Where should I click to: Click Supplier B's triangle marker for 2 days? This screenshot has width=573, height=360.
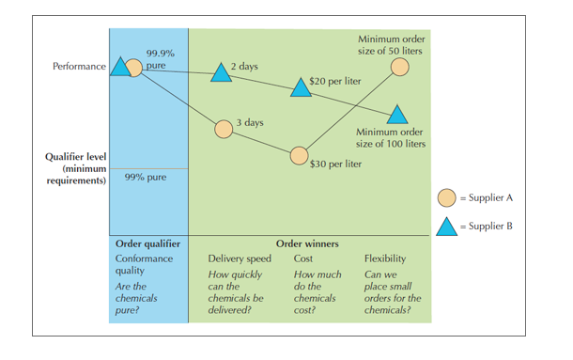point(219,73)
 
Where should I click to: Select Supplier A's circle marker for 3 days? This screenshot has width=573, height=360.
point(223,129)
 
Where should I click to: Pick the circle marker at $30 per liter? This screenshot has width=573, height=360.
point(299,155)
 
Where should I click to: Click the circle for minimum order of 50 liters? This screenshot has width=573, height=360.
point(399,67)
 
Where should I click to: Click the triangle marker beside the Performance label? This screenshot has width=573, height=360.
point(119,68)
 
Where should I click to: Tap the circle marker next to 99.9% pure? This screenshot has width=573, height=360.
point(134,67)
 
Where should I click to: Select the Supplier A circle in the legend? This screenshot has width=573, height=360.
point(448,197)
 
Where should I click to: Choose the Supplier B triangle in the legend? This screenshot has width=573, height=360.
point(448,226)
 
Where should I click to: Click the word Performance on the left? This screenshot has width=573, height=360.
point(79,68)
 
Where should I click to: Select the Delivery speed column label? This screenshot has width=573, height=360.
point(239,258)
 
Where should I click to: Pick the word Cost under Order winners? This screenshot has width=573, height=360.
point(303,258)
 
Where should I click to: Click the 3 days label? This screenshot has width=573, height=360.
point(249,122)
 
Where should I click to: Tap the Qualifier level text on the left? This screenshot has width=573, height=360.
point(74,157)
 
